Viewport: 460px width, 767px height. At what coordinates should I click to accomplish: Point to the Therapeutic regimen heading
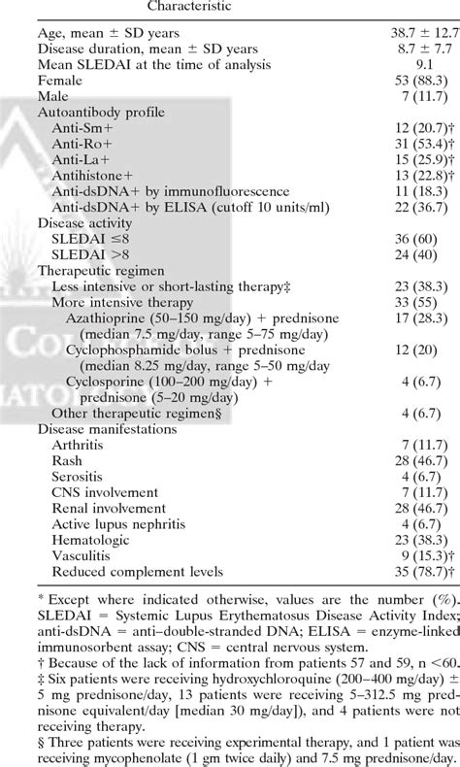click(103, 270)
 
